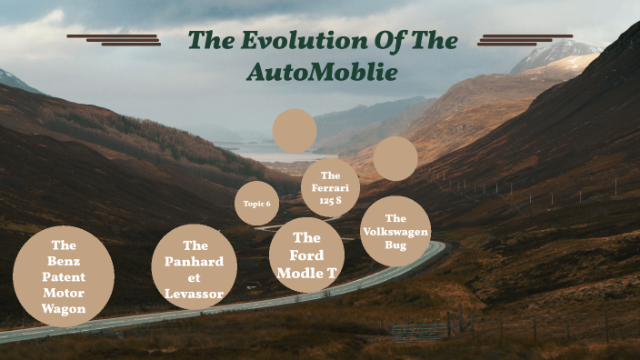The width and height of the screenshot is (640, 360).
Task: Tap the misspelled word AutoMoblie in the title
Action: (322, 72)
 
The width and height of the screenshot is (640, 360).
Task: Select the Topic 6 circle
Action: (255, 204)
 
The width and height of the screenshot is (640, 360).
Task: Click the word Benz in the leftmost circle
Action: (64, 261)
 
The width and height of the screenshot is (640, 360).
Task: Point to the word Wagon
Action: (64, 309)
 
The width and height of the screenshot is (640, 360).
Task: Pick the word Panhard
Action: (195, 262)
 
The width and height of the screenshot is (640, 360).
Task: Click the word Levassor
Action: (195, 294)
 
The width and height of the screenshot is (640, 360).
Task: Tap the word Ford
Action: (306, 255)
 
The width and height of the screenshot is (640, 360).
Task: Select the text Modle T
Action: (306, 272)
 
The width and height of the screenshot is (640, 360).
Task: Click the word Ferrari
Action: (330, 188)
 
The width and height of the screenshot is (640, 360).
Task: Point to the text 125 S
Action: (330, 201)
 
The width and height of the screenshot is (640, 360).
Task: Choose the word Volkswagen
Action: (395, 232)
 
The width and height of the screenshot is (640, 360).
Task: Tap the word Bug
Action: (395, 245)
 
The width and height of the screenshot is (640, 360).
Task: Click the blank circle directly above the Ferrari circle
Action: (295, 131)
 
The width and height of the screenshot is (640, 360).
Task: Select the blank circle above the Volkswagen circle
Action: (395, 158)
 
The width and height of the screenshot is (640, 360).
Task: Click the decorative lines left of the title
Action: (114, 40)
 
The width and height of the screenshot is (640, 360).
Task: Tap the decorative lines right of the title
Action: (525, 40)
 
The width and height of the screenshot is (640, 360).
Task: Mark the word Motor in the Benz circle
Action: (64, 293)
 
